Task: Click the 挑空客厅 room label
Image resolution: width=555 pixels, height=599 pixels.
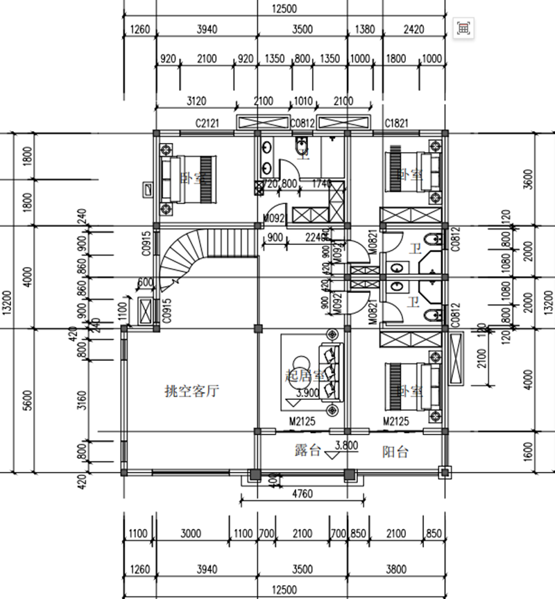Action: [192, 391]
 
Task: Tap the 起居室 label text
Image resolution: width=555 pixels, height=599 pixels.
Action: [305, 376]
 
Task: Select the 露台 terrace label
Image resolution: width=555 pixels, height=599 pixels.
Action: [307, 451]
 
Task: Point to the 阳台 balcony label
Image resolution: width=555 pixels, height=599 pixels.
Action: [395, 452]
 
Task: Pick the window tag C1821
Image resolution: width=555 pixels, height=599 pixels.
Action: [399, 123]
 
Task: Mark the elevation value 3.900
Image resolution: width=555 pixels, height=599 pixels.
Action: [307, 393]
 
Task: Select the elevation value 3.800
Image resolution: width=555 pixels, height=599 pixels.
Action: [346, 446]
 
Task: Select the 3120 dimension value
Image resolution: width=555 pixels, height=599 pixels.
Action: [196, 101]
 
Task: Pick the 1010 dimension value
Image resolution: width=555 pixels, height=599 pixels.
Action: [303, 101]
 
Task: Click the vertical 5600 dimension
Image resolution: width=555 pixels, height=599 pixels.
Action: [27, 400]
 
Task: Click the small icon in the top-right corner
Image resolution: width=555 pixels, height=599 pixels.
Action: [463, 28]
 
